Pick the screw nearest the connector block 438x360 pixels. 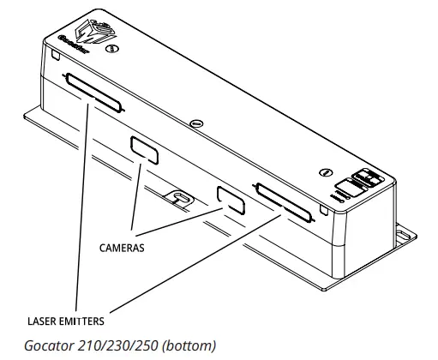[327, 171]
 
